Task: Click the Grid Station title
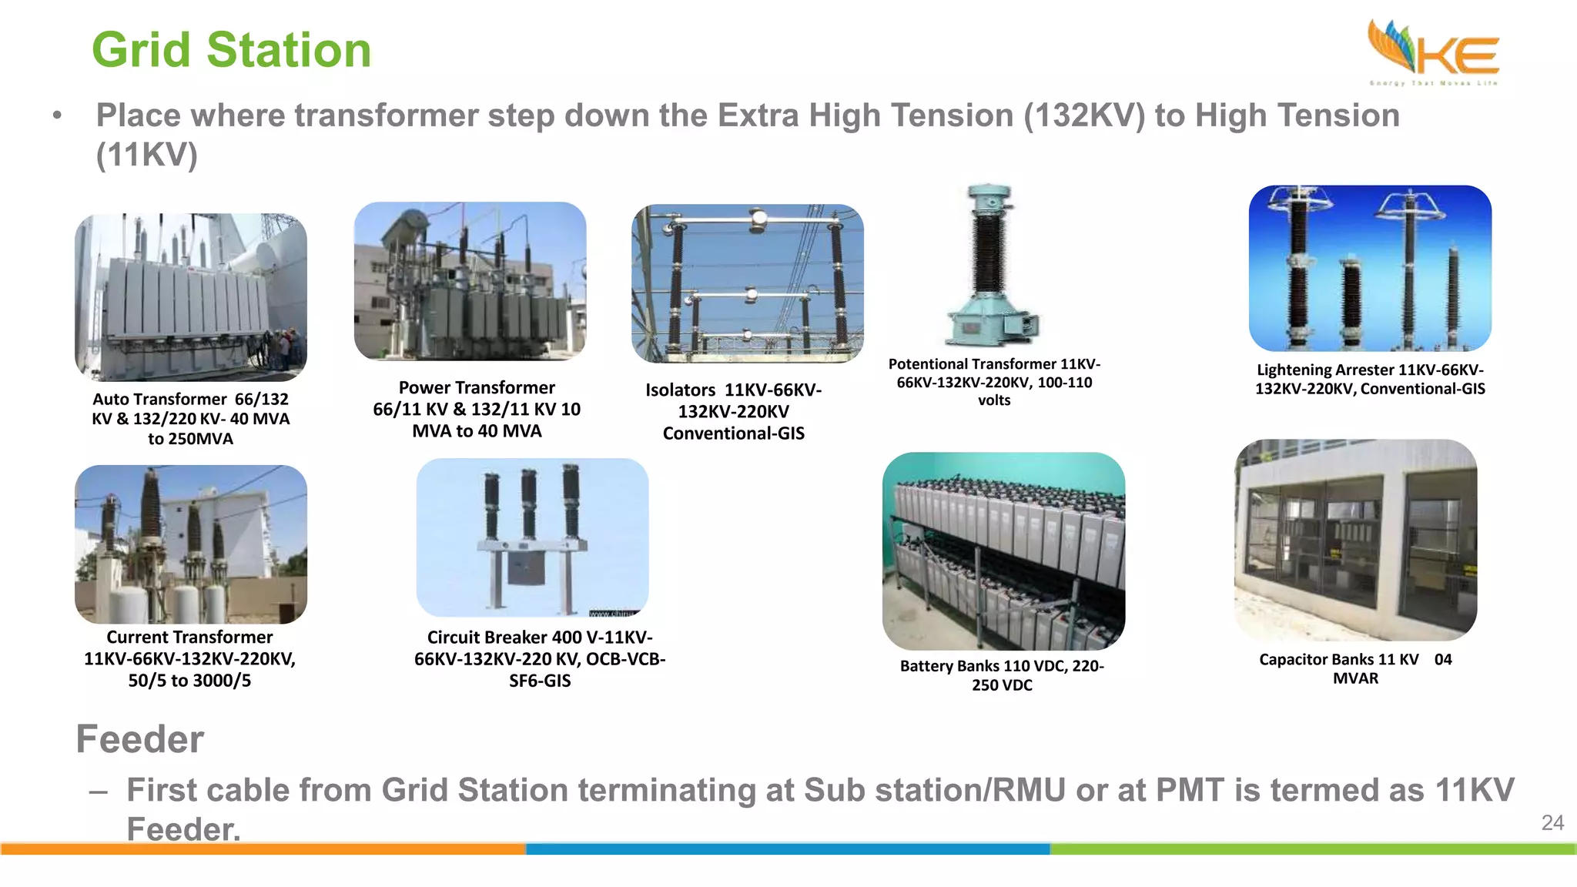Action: point(231,50)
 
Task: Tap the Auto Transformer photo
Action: point(190,297)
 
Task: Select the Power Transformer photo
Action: point(470,281)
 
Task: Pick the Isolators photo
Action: point(747,283)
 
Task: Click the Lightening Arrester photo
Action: point(1370,268)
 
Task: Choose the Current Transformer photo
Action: point(190,544)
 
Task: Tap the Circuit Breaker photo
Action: point(532,537)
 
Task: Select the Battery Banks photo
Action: point(1003,551)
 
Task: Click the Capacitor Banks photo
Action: point(1355,540)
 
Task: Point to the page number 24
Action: point(1552,823)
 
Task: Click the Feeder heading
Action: point(139,739)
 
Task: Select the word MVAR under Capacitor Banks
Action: point(1355,678)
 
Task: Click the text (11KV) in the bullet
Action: point(146,155)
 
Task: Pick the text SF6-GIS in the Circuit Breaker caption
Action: point(540,681)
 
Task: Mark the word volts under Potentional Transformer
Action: point(994,400)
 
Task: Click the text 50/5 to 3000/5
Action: point(189,681)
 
